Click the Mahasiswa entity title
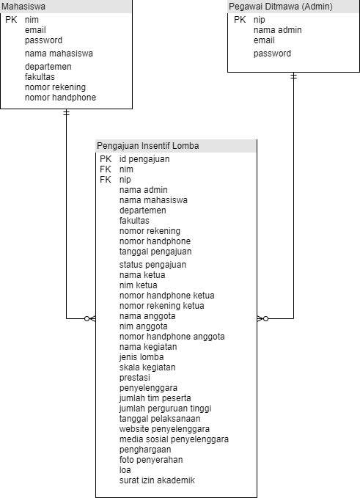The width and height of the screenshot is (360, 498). (22, 7)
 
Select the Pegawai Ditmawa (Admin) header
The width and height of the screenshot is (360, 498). (281, 7)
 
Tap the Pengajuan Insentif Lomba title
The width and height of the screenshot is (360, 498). (147, 146)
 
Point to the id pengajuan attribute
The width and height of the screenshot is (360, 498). (144, 159)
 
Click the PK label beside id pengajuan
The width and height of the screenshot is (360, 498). (106, 159)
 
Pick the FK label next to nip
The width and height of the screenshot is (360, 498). (106, 180)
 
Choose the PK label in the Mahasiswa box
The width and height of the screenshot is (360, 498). (10, 20)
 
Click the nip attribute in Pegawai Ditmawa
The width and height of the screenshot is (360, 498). (260, 20)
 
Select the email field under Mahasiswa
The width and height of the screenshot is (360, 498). (35, 30)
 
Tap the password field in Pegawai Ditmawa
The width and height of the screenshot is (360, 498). (272, 54)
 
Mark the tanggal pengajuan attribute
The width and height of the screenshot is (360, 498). (155, 252)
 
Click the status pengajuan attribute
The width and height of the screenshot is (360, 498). (153, 265)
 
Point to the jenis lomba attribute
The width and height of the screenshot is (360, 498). (142, 357)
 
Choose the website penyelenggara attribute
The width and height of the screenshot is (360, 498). (164, 429)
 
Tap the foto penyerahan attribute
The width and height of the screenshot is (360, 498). (151, 460)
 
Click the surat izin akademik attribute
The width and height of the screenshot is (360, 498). (157, 480)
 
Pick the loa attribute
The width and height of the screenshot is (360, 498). (125, 470)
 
